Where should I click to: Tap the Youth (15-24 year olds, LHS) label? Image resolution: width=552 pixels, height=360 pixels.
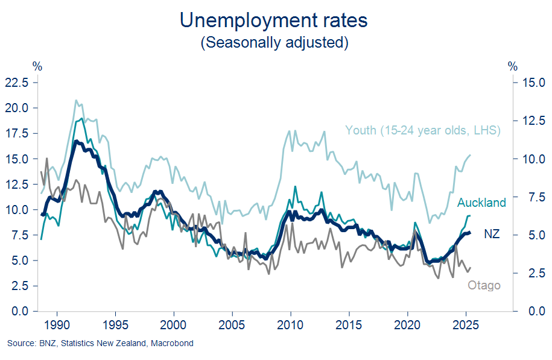[423, 130]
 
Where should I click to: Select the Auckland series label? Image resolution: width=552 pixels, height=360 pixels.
[481, 203]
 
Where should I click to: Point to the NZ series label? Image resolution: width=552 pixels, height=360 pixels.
[492, 234]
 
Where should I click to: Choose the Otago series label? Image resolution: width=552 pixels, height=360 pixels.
[484, 285]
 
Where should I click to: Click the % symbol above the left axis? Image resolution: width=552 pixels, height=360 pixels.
[37, 65]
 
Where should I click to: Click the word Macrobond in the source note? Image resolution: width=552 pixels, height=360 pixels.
[173, 344]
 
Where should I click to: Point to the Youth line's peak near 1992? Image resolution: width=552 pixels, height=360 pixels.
[76, 100]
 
